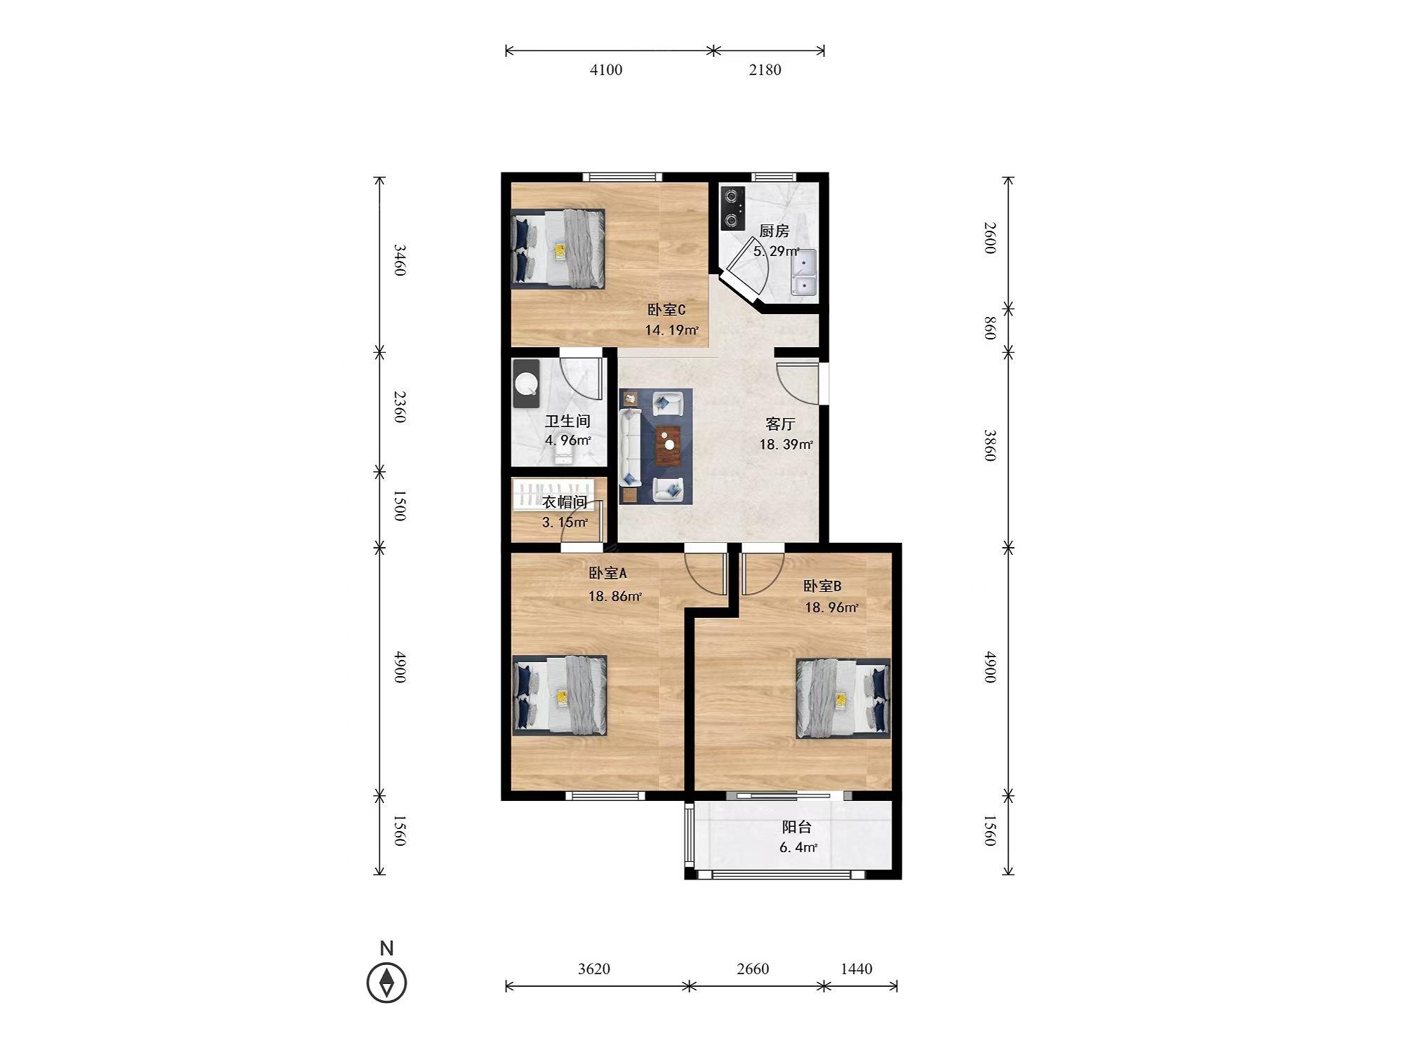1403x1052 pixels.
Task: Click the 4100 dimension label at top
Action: [606, 69]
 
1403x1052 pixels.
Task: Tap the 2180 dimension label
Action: [765, 69]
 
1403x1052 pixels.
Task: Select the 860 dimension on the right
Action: [990, 328]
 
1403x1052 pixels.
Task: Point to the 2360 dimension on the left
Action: [400, 407]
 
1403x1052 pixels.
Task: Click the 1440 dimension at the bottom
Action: [857, 969]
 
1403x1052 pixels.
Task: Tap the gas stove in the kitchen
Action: [732, 208]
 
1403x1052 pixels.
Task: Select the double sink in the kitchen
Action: [804, 273]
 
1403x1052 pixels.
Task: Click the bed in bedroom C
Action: [558, 249]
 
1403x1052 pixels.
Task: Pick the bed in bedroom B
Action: [843, 699]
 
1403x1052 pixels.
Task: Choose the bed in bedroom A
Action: [560, 695]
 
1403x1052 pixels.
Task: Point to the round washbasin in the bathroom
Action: [526, 383]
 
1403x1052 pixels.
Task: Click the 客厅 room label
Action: [780, 424]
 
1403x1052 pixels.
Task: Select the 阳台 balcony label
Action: [797, 828]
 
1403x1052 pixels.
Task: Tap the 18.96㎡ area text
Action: [831, 607]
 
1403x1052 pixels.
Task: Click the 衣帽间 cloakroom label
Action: [565, 502]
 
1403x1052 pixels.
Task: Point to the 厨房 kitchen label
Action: [774, 231]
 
